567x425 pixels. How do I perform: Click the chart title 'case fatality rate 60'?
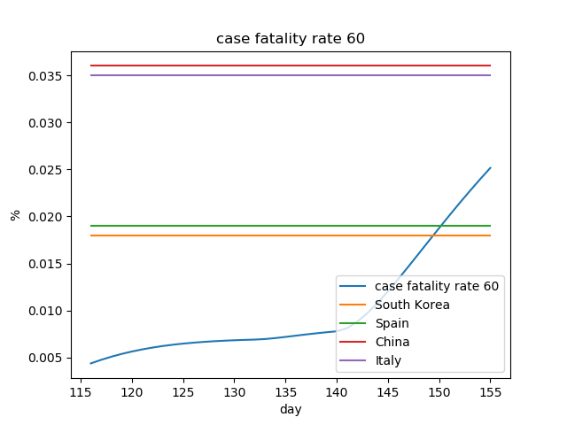tap(291, 39)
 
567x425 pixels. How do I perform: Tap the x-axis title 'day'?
tap(291, 409)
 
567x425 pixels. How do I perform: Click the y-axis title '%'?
tap(15, 215)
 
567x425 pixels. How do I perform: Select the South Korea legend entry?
tap(412, 305)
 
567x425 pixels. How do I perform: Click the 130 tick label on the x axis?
tap(234, 391)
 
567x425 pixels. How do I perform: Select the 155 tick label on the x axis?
tap(490, 391)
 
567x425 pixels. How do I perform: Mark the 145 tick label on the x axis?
tap(387, 391)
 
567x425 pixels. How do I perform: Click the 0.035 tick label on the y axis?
tap(49, 75)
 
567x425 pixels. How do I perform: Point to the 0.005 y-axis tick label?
tap(49, 358)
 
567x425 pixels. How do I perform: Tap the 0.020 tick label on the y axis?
tap(49, 217)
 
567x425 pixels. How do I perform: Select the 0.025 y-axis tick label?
tap(49, 170)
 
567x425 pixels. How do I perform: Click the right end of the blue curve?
tap(490, 167)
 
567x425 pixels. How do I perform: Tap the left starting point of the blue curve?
tap(90, 363)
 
